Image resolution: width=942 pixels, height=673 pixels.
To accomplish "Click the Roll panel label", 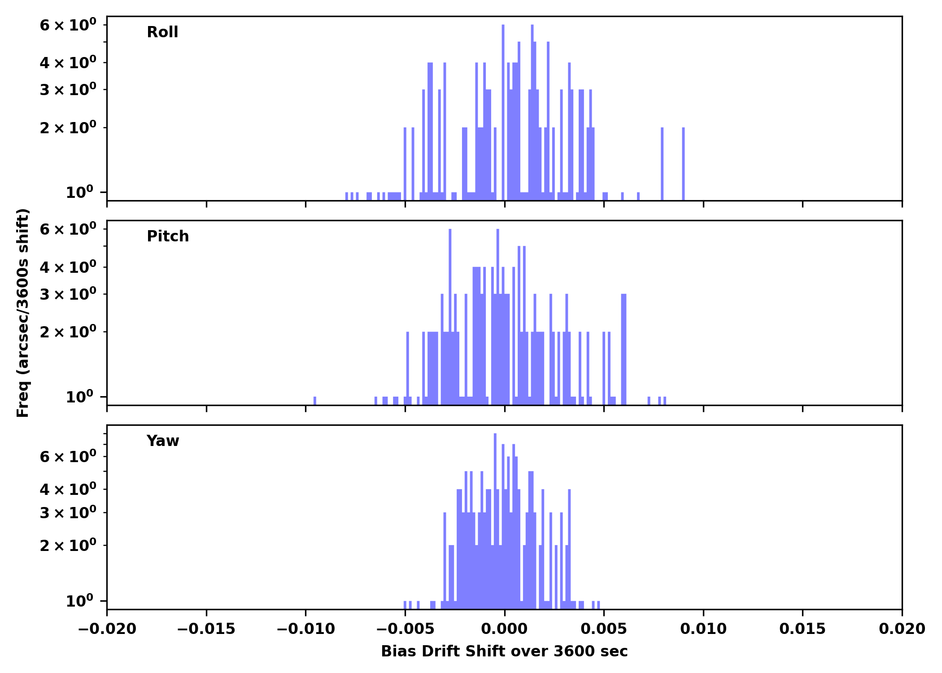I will pos(162,32).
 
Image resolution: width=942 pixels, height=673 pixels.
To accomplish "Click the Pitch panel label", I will pos(168,236).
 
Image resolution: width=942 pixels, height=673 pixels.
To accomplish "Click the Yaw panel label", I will pos(162,441).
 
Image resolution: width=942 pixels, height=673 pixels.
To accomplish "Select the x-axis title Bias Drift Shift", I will pos(504,651).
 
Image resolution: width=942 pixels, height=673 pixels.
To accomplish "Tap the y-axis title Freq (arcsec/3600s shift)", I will pos(23,313).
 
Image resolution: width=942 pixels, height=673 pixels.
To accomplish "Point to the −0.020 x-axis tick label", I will pos(107,629).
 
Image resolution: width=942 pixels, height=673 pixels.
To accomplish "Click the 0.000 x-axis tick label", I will pos(504,629).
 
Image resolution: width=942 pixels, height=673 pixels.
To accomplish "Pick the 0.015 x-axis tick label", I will pos(802,629).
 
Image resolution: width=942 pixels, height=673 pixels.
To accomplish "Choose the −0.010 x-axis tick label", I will pos(306,629).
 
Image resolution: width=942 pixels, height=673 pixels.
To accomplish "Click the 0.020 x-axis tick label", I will pos(902,629).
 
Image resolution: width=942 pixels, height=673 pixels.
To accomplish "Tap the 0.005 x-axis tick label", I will pos(604,629).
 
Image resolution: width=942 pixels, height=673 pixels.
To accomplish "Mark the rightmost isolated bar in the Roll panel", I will pos(683,164).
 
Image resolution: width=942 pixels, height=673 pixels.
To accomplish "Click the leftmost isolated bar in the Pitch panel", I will pos(315,401).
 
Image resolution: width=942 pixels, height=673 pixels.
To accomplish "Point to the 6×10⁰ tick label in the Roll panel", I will pos(68,25).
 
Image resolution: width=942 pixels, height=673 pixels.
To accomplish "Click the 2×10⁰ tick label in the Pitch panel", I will pos(68,332).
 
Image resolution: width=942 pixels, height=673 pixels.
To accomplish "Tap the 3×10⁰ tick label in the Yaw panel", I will pos(68,513).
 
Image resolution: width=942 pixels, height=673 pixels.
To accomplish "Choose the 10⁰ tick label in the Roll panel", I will pos(79,192).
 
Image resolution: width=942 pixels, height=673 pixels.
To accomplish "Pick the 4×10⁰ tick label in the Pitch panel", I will pos(68,267).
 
